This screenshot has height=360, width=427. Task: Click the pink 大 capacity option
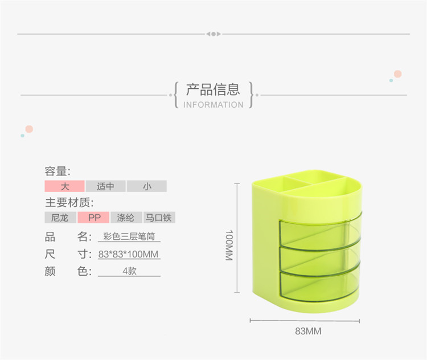tap(64, 186)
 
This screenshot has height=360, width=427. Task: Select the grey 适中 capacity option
tap(106, 186)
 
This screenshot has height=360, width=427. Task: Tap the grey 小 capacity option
tap(147, 186)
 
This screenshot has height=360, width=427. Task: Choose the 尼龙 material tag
tap(60, 218)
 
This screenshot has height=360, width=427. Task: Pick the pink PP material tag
tap(93, 218)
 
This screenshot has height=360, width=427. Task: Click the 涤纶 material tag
tap(126, 218)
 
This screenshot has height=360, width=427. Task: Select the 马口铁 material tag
tap(159, 218)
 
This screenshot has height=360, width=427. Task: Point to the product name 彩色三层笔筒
tap(129, 236)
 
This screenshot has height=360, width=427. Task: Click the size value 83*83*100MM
tap(128, 254)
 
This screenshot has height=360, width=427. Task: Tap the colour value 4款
tap(129, 271)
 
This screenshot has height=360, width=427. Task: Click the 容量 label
tap(58, 171)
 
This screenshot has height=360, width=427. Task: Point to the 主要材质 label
tap(69, 203)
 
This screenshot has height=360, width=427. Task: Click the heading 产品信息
tap(213, 89)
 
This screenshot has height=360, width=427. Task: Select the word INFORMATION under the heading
tap(213, 105)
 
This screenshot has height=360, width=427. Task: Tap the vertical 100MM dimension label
tap(229, 246)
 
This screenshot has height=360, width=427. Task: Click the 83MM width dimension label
tap(308, 331)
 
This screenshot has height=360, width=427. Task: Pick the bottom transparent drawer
tap(319, 285)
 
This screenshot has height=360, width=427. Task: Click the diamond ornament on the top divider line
tap(213, 34)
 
